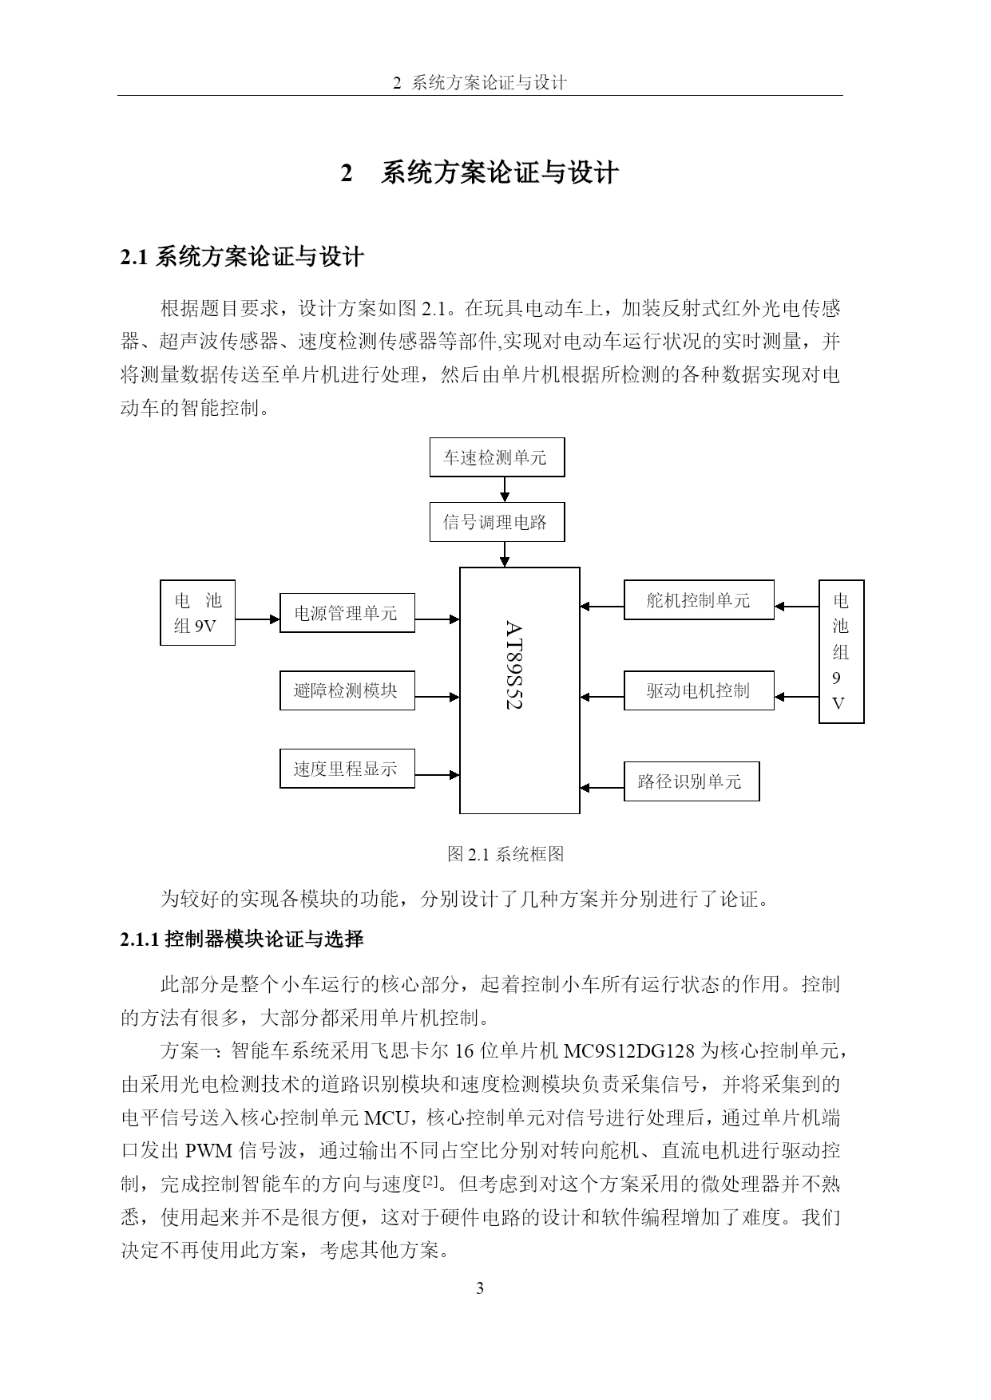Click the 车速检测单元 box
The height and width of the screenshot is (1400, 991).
497,457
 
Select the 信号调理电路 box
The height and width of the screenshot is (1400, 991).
497,522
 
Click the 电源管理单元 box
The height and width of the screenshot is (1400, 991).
347,613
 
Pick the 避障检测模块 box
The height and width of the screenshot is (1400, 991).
347,690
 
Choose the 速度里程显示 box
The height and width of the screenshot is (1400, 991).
347,769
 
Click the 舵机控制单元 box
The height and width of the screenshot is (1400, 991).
699,600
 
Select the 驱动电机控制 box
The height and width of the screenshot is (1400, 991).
699,690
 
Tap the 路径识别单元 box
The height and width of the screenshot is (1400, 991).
692,781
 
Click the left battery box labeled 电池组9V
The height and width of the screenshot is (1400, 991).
197,613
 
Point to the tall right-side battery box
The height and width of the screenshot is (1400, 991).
842,652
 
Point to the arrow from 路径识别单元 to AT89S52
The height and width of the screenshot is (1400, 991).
602,788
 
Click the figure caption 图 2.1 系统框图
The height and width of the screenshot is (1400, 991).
505,854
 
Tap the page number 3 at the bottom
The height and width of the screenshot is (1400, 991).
480,1288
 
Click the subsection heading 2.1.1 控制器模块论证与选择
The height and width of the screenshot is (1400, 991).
242,939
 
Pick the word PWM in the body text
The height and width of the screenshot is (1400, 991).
208,1151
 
